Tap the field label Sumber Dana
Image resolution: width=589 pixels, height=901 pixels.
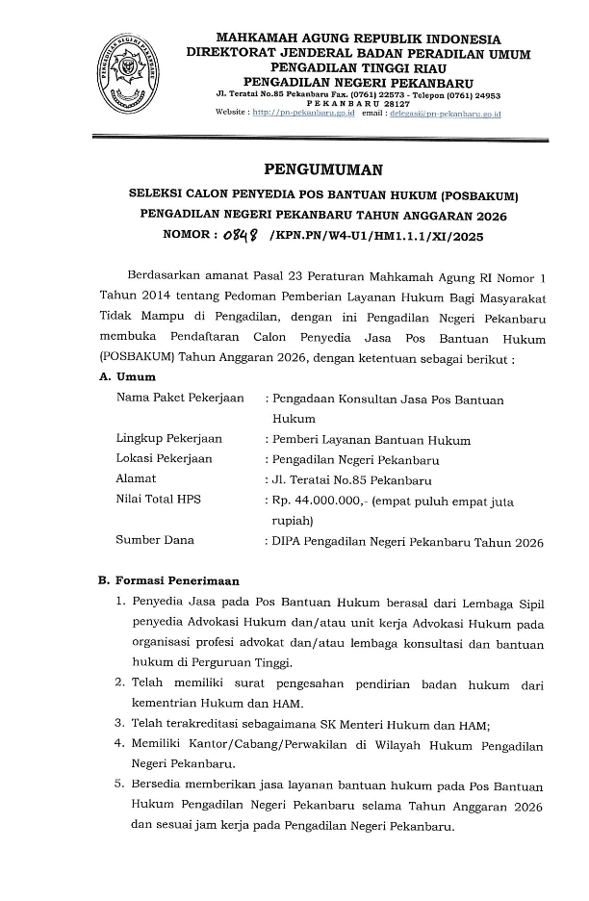[x=155, y=540]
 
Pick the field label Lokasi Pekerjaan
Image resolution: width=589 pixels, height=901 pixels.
[x=164, y=459]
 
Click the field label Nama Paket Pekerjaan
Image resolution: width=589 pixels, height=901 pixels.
[x=180, y=399]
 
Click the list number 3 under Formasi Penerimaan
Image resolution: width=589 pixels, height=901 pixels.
[x=119, y=724]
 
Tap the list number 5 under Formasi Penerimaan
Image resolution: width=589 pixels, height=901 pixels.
[x=119, y=785]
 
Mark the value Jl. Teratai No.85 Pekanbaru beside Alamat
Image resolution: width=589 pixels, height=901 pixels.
[x=352, y=479]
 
